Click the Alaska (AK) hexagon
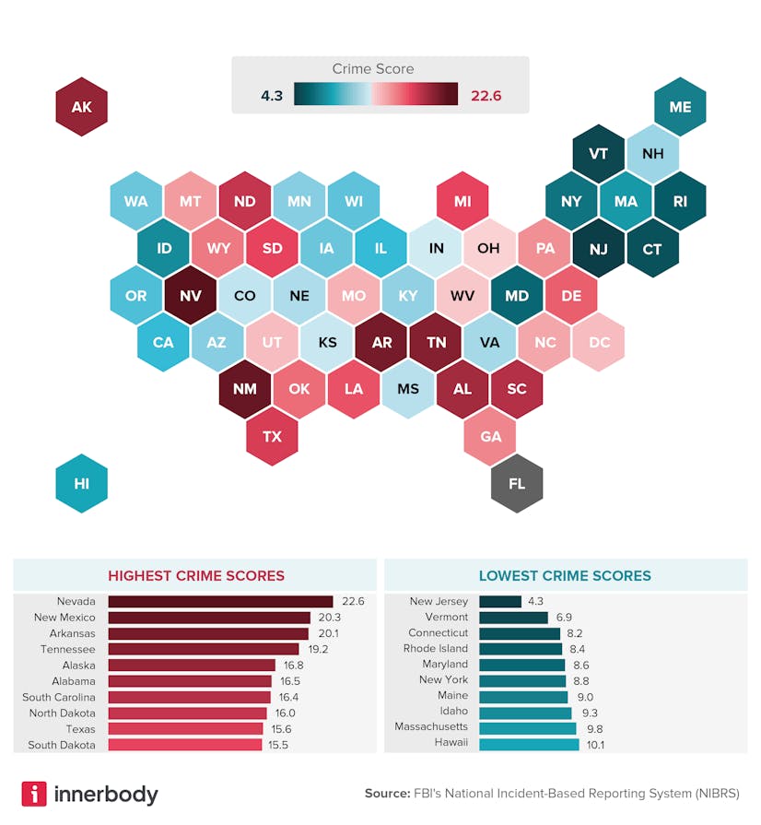point(81,107)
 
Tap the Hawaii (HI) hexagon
point(81,483)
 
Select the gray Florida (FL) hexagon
point(517,483)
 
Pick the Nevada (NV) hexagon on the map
point(190,296)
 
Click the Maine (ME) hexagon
point(680,107)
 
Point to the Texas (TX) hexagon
point(272,436)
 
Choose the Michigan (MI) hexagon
point(462,201)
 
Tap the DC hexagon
point(599,342)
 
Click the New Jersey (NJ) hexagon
point(599,249)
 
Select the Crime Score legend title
point(372,69)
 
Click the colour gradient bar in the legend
point(376,95)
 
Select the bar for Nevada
point(220,602)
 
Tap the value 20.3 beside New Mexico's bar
point(329,618)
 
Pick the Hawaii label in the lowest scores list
point(451,744)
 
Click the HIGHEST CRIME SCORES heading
point(196,576)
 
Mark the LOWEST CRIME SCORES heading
point(565,576)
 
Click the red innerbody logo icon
point(34,794)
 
